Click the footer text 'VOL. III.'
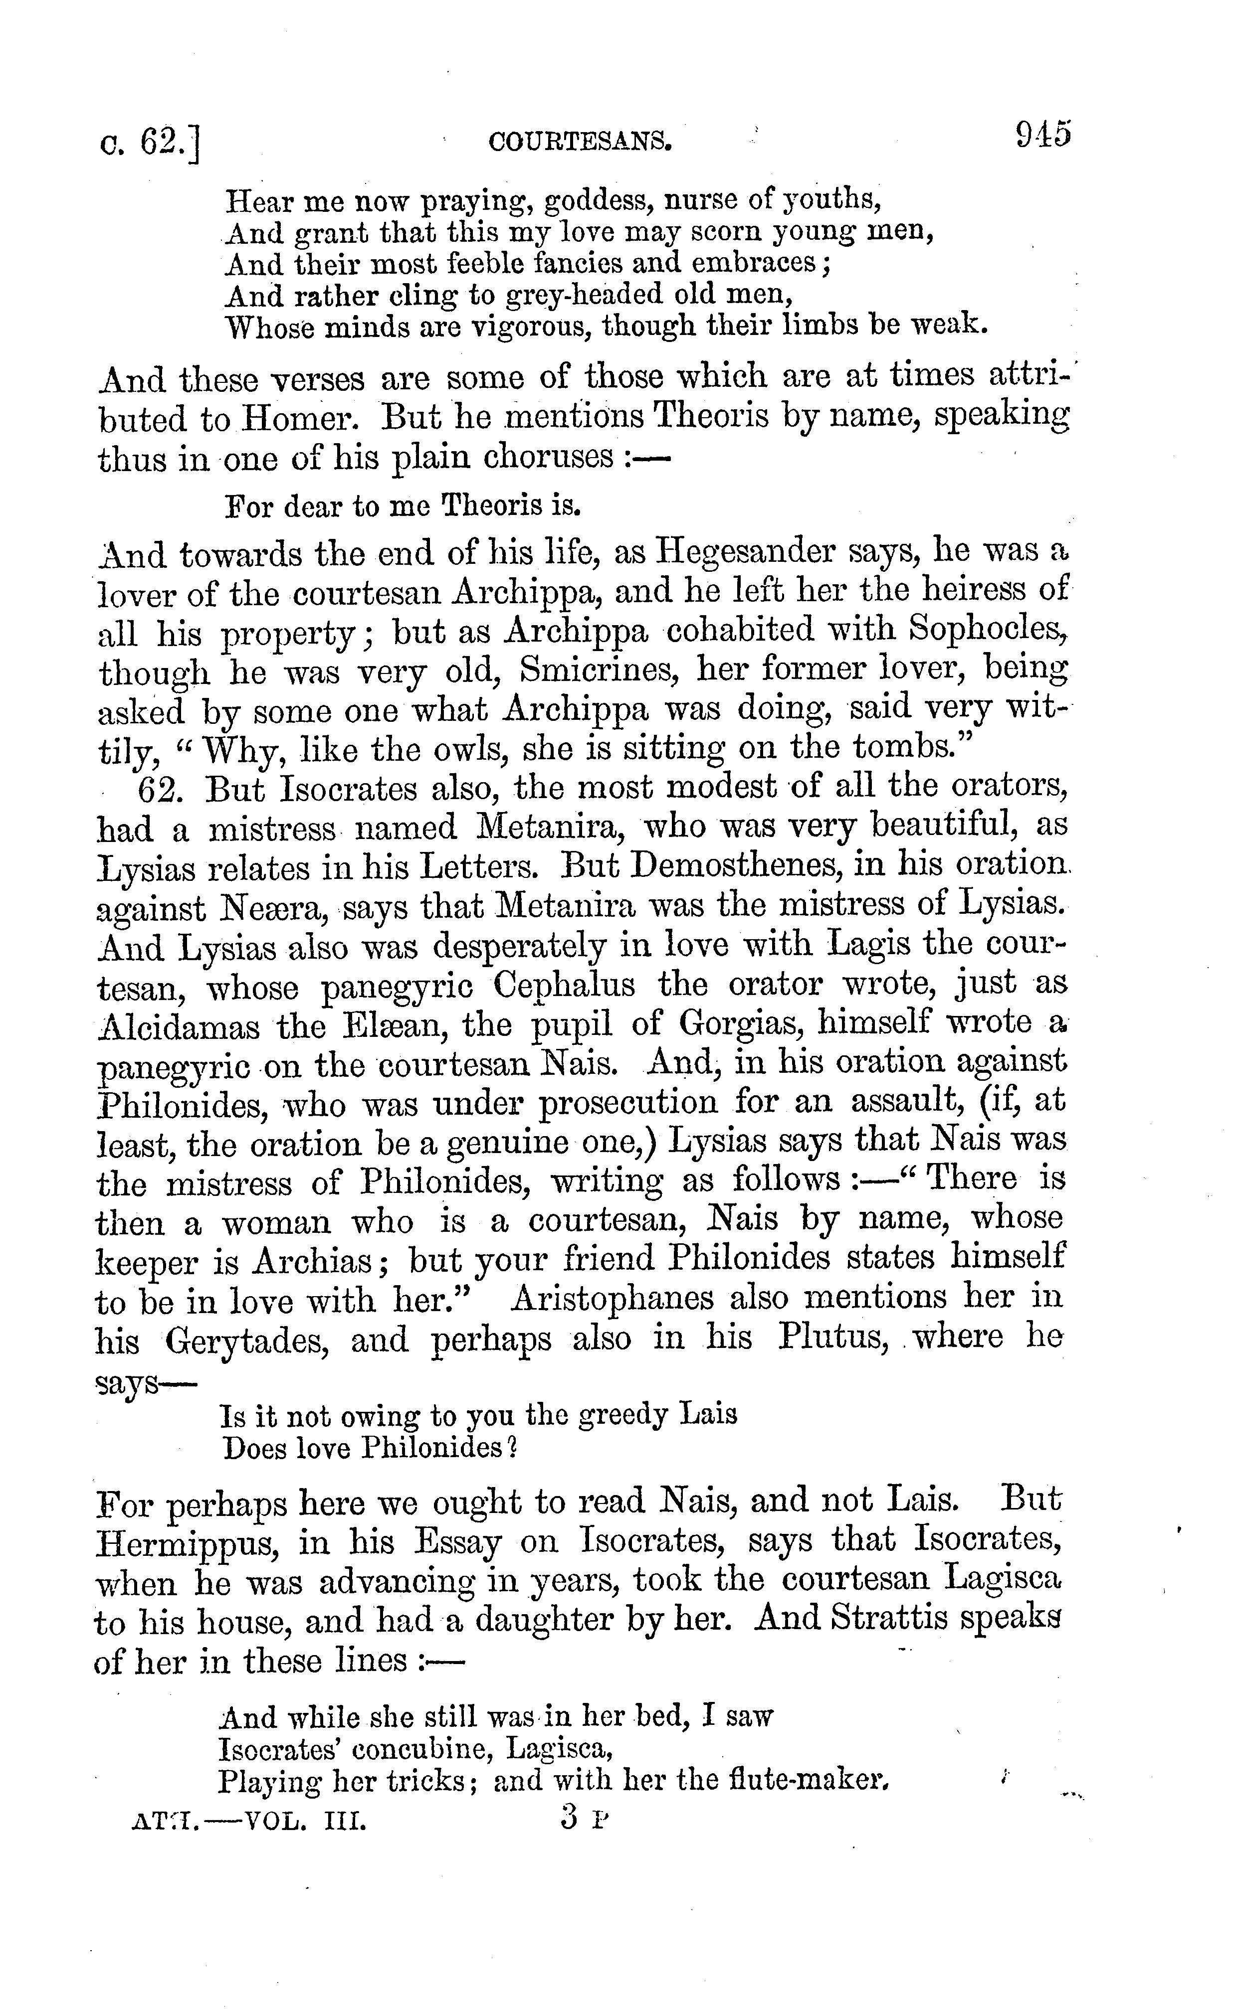click(305, 1823)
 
